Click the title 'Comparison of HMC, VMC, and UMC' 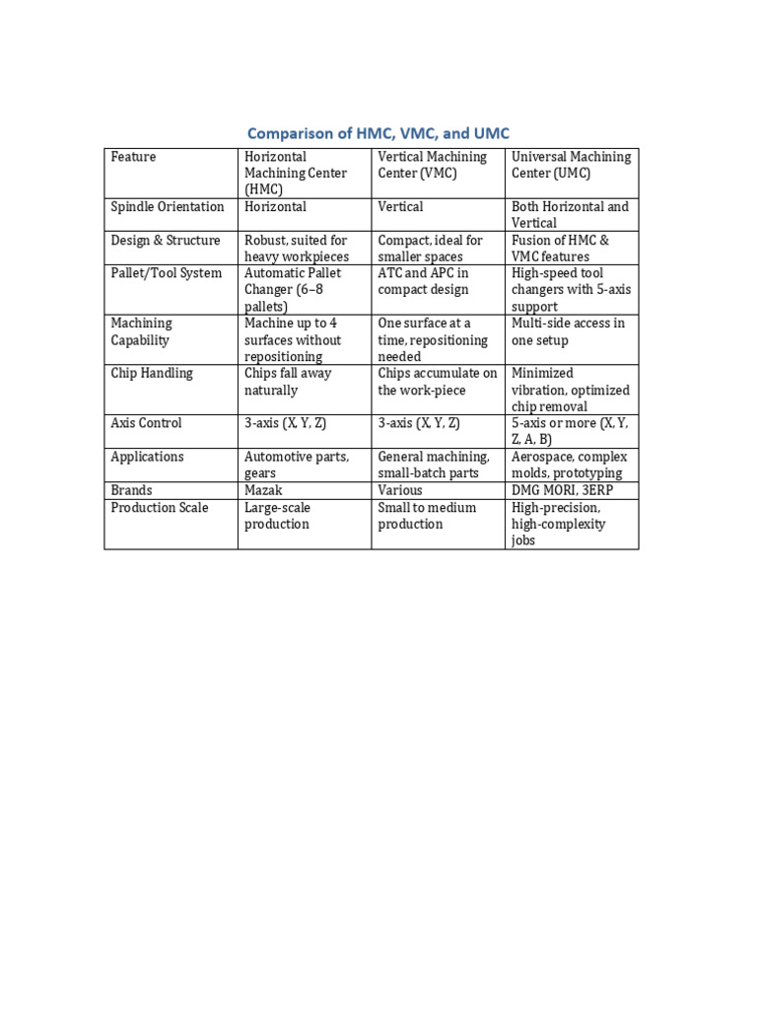[378, 133]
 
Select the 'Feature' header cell [133, 157]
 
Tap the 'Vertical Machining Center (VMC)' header [432, 165]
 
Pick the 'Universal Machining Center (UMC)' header [571, 165]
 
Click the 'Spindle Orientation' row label [168, 207]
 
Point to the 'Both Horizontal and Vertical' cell [570, 215]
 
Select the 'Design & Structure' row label [166, 241]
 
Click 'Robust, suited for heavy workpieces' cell [296, 249]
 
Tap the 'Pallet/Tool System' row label [167, 273]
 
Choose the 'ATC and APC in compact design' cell [423, 281]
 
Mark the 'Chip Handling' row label [152, 373]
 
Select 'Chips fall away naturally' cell [288, 382]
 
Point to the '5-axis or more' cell [569, 431]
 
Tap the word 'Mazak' [263, 490]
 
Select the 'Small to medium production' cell [427, 515]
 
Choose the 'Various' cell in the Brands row [400, 490]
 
